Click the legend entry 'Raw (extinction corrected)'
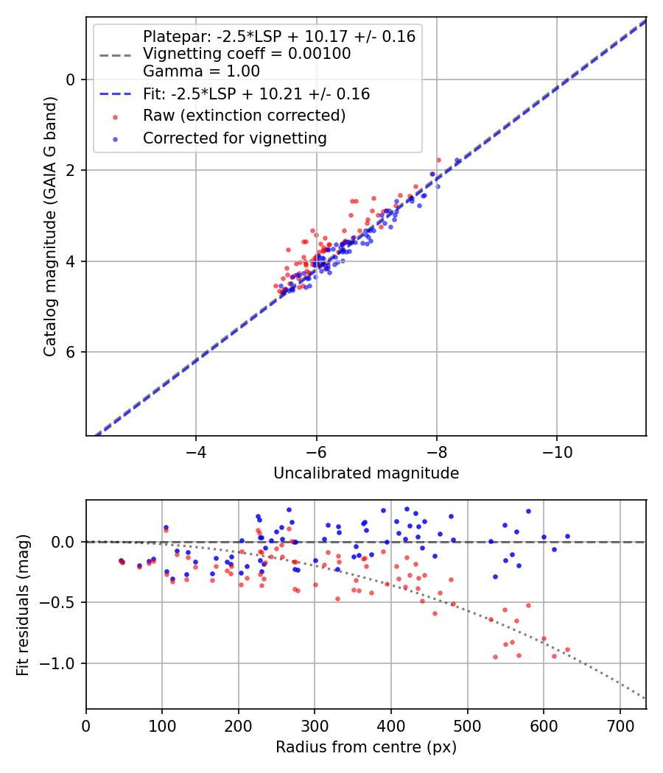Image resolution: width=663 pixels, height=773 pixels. (244, 116)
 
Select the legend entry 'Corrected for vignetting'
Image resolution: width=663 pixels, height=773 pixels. (234, 138)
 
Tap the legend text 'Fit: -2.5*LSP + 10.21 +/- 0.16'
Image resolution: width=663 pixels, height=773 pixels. (256, 94)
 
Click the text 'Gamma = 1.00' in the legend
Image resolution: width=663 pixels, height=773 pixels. (201, 71)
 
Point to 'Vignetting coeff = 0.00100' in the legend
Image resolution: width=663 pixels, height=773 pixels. (247, 54)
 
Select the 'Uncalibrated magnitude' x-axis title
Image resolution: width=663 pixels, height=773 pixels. (366, 473)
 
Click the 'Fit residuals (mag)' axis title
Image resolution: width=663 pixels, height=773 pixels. (24, 604)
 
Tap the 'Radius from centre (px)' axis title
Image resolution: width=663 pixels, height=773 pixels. (366, 747)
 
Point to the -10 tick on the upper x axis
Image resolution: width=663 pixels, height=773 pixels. (556, 450)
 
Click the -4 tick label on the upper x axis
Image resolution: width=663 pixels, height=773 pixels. (195, 450)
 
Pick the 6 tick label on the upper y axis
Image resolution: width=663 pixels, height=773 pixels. (71, 352)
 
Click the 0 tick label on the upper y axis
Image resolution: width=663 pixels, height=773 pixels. (71, 80)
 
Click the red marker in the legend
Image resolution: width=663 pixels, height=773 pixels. (114, 116)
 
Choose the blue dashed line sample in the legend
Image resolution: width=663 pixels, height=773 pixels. (114, 94)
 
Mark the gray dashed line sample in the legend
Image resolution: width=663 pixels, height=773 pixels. (114, 54)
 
